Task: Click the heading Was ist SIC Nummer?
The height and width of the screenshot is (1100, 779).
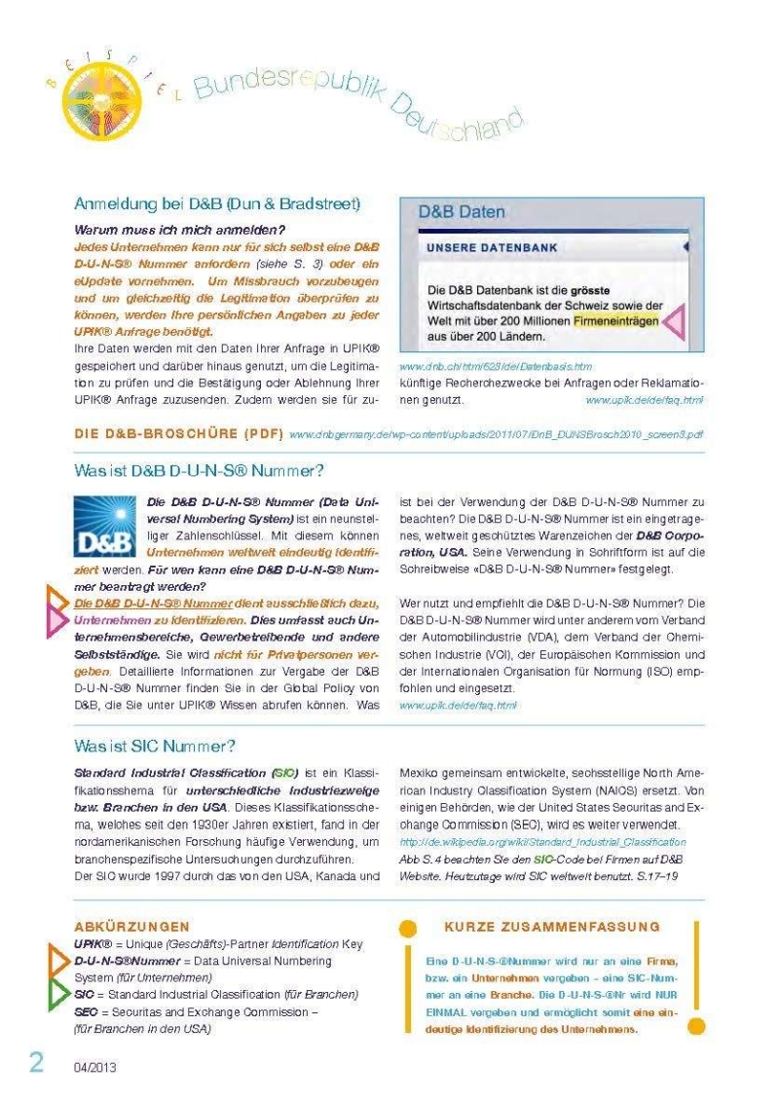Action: click(155, 747)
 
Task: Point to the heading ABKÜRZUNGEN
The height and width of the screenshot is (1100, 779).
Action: click(131, 927)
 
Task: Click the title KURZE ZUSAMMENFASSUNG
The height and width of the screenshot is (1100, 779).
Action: click(551, 927)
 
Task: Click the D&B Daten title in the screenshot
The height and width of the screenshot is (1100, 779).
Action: click(462, 211)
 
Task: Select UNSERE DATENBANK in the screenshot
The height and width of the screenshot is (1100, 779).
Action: click(492, 248)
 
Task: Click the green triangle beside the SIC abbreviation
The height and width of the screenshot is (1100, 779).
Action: click(59, 994)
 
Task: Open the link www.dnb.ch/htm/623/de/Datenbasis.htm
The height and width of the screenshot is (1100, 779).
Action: click(496, 366)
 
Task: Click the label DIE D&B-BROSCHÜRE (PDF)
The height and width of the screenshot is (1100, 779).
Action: click(179, 432)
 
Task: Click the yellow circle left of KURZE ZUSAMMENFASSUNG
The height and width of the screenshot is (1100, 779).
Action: click(409, 929)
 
